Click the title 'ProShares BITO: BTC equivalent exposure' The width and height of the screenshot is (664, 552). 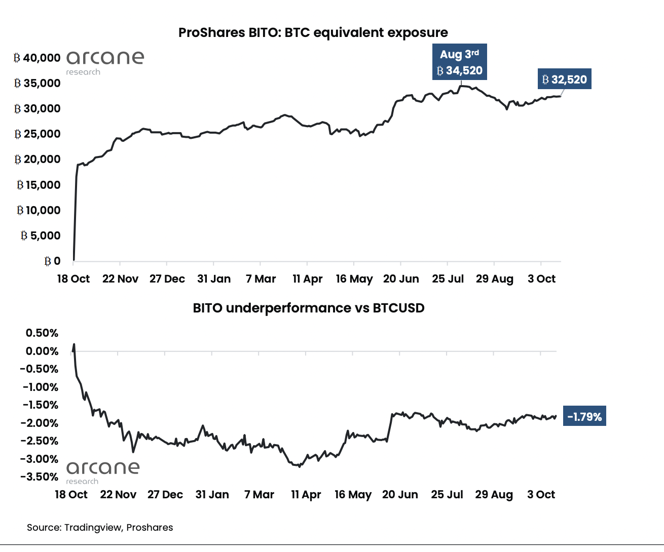click(313, 33)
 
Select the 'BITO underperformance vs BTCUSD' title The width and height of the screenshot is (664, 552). click(308, 308)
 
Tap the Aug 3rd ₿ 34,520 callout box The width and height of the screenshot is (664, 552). click(459, 62)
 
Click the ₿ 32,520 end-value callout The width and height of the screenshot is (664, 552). click(564, 80)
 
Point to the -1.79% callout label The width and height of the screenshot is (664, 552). click(584, 417)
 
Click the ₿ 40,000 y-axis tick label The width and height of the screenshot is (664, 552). click(38, 58)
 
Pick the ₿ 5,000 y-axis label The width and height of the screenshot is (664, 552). click(41, 235)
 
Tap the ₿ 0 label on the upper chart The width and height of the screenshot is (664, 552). click(52, 261)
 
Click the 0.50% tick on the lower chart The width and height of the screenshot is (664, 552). click(42, 333)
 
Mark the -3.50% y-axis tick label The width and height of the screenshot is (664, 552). click(40, 477)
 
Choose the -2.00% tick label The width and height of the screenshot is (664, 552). click(40, 423)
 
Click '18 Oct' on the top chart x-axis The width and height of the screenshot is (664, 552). click(73, 279)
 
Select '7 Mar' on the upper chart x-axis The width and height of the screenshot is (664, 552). click(261, 279)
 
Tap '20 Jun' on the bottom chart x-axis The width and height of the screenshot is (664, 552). click(400, 495)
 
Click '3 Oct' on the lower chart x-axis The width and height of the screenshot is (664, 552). click(541, 495)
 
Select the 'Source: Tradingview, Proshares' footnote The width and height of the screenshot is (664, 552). click(100, 528)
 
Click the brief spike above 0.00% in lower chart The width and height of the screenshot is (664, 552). click(74, 345)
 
